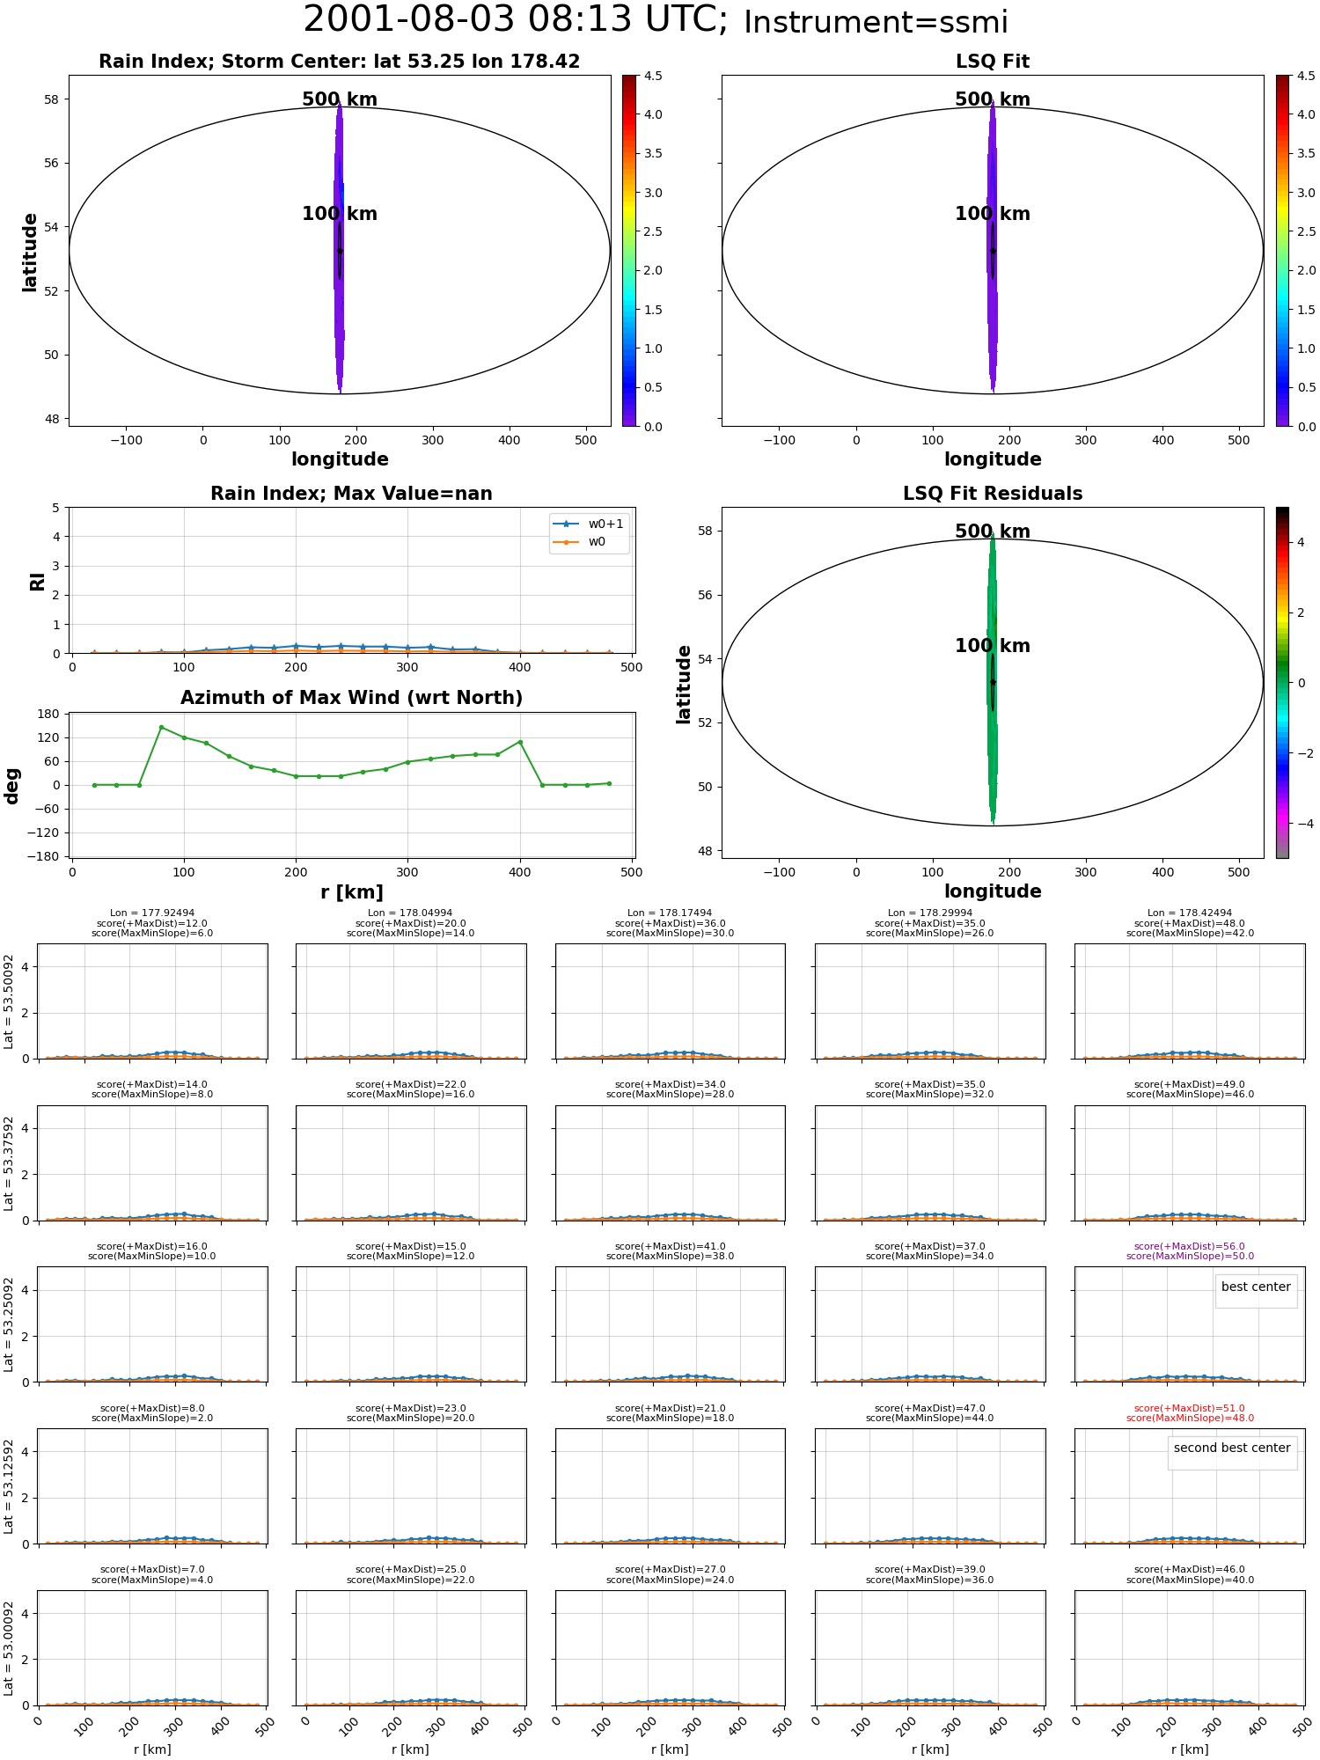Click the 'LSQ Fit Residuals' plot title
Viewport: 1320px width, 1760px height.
(x=993, y=494)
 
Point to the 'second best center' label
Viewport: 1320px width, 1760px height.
(x=1232, y=1448)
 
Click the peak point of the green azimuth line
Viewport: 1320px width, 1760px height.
(x=161, y=727)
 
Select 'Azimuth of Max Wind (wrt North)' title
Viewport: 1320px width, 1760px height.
(x=352, y=698)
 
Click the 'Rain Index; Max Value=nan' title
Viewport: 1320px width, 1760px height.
(x=352, y=494)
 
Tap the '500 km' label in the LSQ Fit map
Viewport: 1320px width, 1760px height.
(x=993, y=99)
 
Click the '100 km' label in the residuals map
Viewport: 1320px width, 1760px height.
(x=993, y=646)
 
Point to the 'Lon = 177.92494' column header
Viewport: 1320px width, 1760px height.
(x=152, y=913)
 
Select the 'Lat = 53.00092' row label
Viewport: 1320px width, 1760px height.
(x=9, y=1648)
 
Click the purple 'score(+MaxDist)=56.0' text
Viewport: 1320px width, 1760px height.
(x=1190, y=1246)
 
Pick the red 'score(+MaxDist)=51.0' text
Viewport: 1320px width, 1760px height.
(x=1190, y=1408)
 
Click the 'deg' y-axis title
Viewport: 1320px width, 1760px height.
(x=12, y=786)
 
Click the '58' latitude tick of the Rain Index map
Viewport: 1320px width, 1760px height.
(x=52, y=99)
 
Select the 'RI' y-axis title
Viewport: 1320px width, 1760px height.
(x=38, y=582)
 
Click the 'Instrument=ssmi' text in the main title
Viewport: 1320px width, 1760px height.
(x=876, y=23)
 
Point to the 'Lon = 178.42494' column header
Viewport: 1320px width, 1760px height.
(x=1190, y=913)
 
